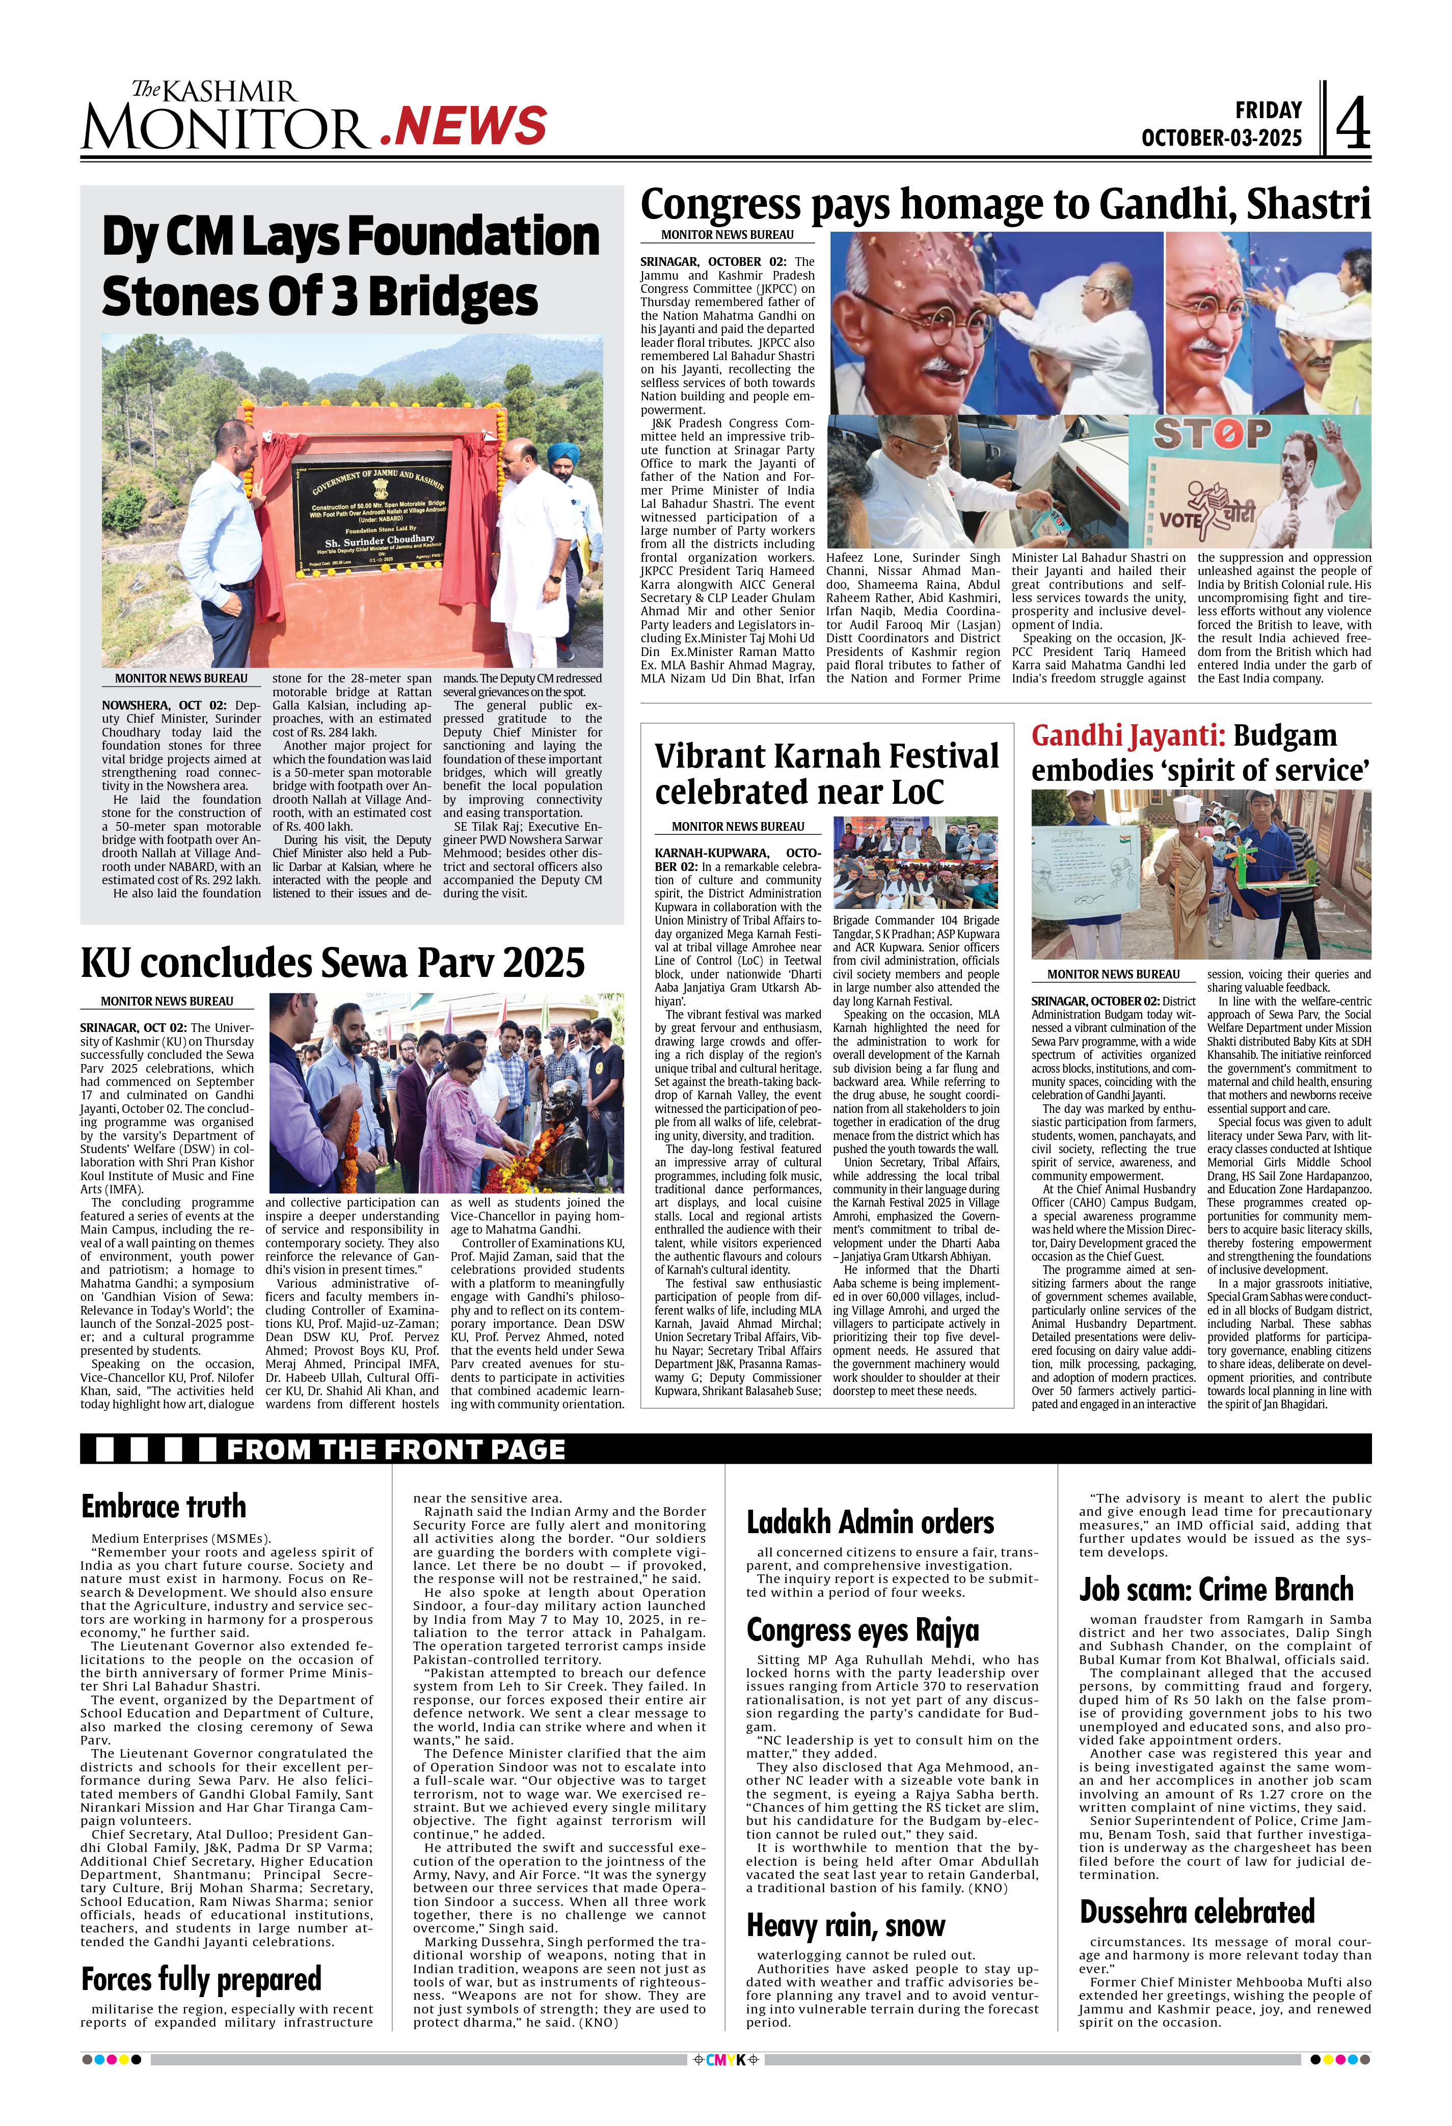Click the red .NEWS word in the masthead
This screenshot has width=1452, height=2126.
[463, 126]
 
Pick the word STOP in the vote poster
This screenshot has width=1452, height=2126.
[1212, 434]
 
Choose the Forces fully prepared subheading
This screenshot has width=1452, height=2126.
[201, 1979]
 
